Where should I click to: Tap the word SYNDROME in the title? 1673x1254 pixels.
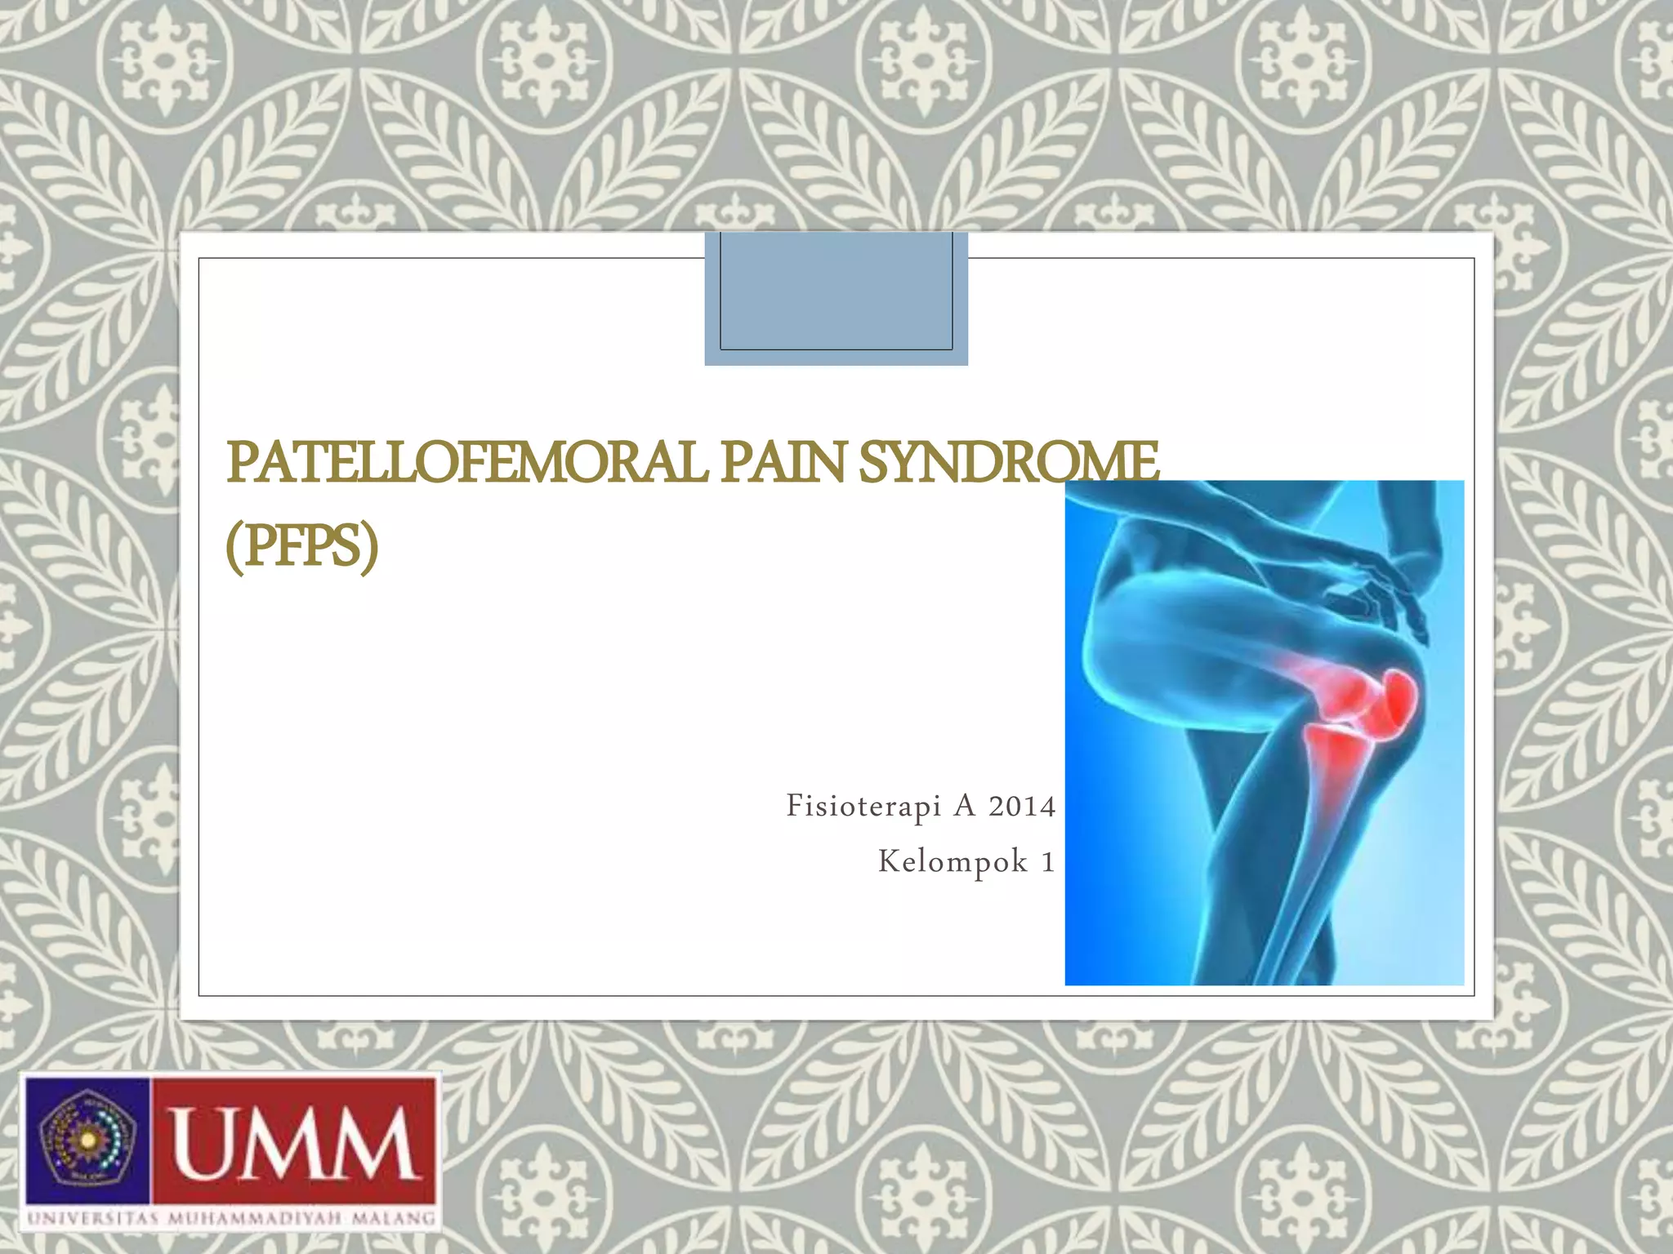click(1008, 462)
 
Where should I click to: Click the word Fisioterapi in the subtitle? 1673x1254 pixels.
click(863, 807)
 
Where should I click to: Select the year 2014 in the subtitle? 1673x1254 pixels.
click(1022, 807)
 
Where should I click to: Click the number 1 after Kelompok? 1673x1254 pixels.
click(1048, 862)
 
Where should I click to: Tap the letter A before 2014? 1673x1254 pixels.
click(965, 807)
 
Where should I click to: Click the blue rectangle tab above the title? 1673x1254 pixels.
click(836, 298)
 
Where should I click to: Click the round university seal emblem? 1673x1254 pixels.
click(87, 1141)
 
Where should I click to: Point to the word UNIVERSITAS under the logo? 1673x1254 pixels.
click(92, 1219)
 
